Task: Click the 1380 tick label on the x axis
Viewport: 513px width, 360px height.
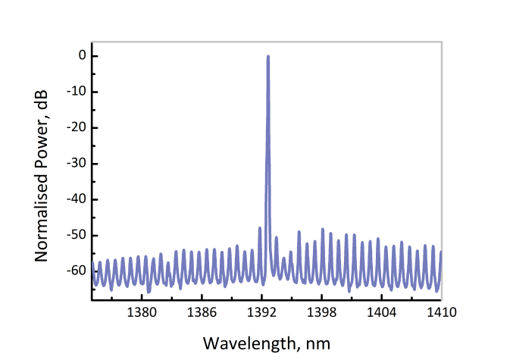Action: click(141, 312)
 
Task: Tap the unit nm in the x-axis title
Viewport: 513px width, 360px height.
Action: click(319, 344)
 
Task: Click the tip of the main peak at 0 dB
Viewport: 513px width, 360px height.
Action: click(268, 56)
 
